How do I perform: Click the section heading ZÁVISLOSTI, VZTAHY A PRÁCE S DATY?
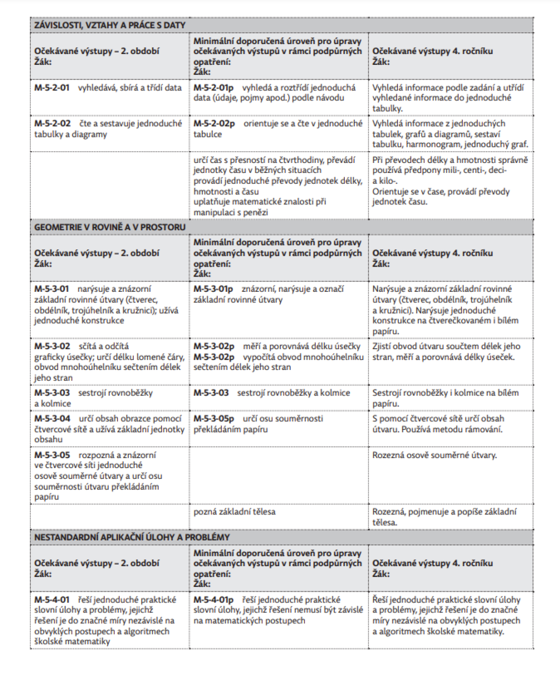(110, 25)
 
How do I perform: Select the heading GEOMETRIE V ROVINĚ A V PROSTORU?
(110, 227)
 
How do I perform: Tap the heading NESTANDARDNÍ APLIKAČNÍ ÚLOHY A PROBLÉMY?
(132, 537)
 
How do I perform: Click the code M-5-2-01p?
(214, 88)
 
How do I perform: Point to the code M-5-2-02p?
(214, 123)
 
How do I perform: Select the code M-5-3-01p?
(213, 289)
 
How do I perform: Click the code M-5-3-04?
(52, 419)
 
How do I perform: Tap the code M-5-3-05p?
(214, 419)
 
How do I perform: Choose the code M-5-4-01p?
(213, 600)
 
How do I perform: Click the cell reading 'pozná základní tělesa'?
(234, 512)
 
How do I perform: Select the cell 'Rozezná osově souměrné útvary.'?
(434, 455)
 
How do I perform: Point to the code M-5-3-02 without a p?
(52, 346)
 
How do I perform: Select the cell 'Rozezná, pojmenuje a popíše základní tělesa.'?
(444, 517)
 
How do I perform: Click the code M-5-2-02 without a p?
(52, 123)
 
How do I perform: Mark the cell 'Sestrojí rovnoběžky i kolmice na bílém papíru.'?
(445, 398)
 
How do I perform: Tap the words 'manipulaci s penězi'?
(230, 213)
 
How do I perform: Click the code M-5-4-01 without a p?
(52, 600)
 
